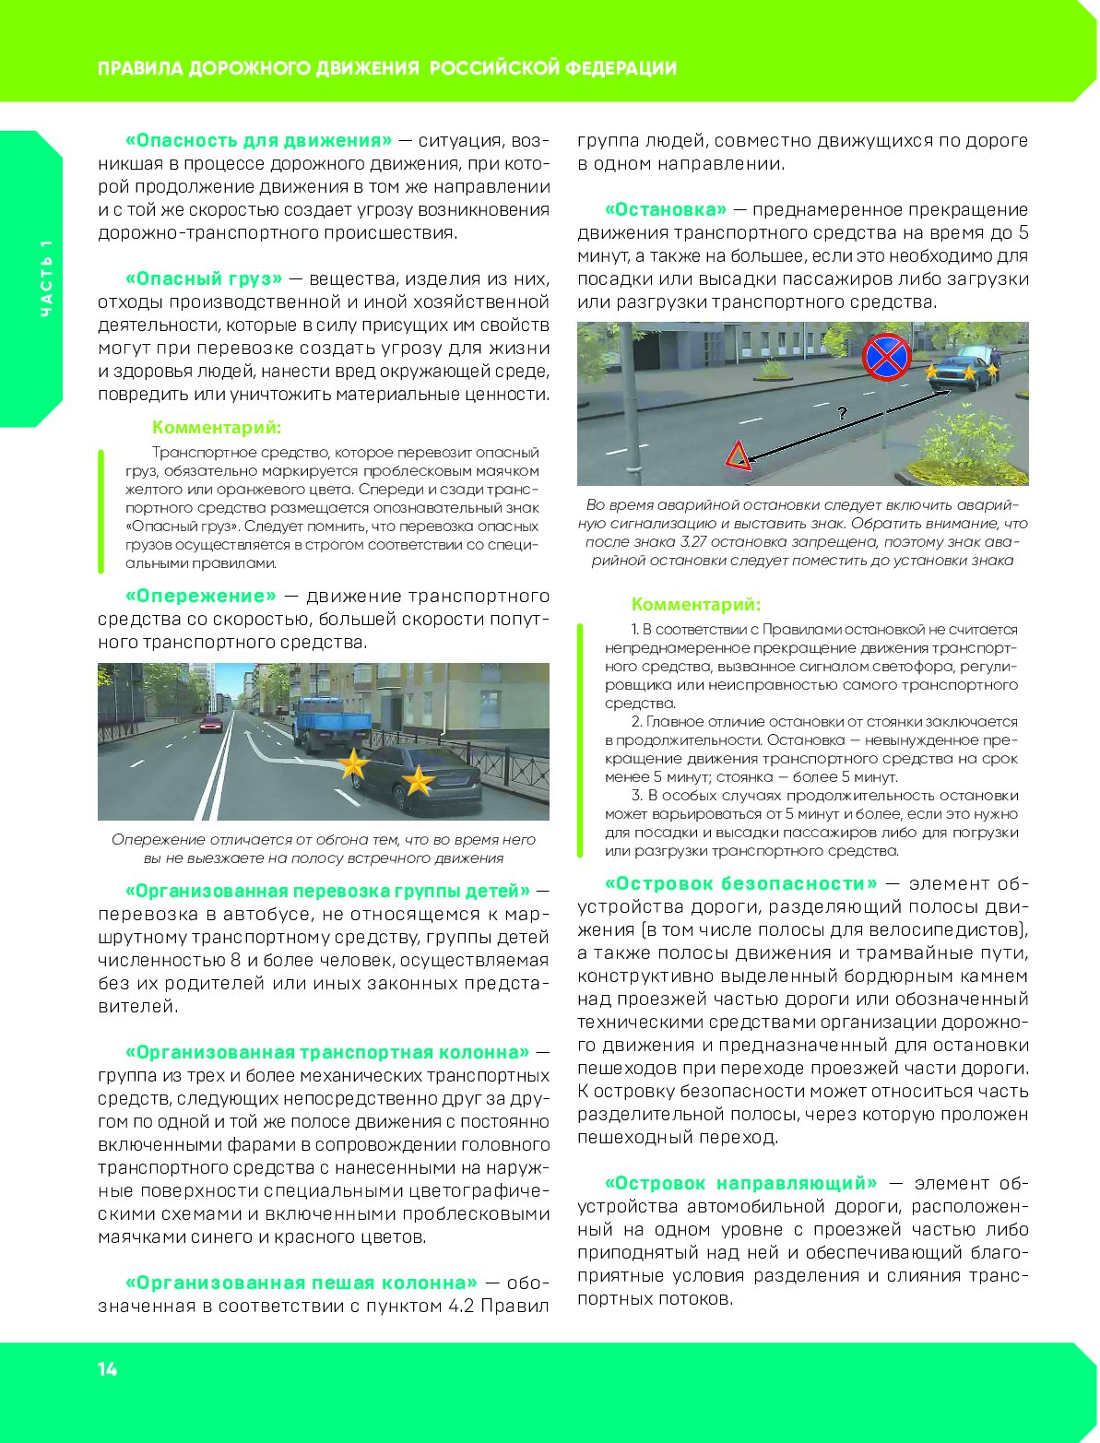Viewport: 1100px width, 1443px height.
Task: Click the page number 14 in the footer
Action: [x=108, y=1369]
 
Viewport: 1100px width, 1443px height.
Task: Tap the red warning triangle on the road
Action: [x=737, y=455]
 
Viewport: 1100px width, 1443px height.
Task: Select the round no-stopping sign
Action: [x=886, y=357]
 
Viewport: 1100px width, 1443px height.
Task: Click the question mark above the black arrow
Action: [x=842, y=413]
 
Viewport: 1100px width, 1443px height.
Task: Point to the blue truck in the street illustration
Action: [x=329, y=721]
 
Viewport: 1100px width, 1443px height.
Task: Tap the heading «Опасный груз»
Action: [x=204, y=278]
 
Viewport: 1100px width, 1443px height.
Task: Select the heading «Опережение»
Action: [x=200, y=596]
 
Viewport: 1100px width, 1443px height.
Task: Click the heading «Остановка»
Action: [x=665, y=209]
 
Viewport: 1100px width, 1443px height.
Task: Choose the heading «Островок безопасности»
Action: [x=741, y=883]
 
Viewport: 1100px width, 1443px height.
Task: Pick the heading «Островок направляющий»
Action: [x=741, y=1183]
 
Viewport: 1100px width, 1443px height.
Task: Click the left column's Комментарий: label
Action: [x=217, y=428]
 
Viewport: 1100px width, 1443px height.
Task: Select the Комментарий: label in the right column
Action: [x=696, y=605]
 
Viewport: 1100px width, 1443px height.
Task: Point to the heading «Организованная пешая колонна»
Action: [x=301, y=1283]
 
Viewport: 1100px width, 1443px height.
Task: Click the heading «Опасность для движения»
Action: [x=258, y=140]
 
